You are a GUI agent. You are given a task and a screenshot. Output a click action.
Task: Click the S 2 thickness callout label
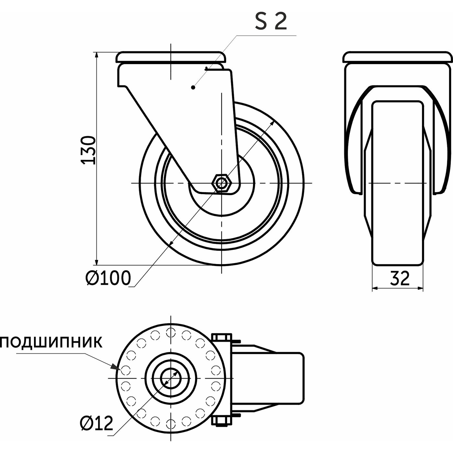(x=271, y=22)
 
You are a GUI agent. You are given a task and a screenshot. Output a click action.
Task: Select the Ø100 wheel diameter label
(x=108, y=278)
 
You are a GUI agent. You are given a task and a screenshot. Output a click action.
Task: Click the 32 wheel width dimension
(x=400, y=278)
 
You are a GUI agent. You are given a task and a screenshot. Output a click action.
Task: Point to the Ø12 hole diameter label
(x=96, y=423)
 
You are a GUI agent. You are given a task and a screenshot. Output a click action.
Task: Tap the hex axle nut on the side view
(x=221, y=183)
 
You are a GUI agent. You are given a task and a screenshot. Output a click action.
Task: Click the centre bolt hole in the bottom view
(x=171, y=378)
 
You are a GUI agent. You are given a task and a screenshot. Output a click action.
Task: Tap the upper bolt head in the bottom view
(x=222, y=337)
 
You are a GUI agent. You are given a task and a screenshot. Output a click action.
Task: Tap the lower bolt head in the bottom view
(x=222, y=421)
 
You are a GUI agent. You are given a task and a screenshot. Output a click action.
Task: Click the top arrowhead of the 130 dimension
(x=96, y=55)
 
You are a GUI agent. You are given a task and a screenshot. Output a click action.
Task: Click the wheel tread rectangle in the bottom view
(x=285, y=378)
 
